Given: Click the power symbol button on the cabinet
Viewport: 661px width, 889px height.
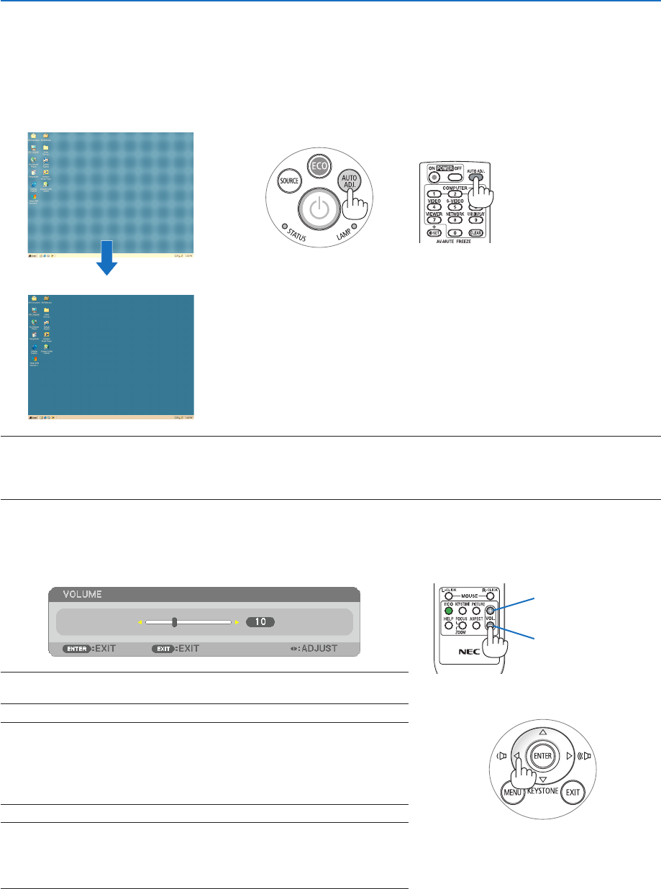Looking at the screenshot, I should point(317,210).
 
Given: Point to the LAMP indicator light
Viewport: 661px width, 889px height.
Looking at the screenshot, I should point(354,225).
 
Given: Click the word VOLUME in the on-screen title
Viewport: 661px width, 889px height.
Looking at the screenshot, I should point(81,595).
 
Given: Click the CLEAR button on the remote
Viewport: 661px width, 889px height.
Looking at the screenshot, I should point(475,232).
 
